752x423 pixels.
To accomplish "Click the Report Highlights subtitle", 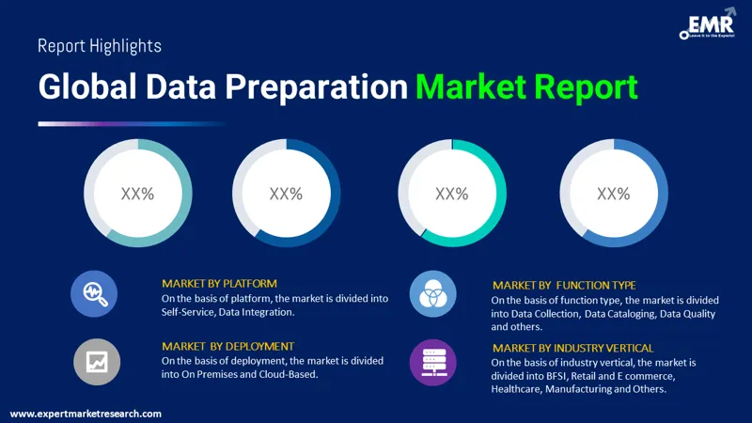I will [100, 46].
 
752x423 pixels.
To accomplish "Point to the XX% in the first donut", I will [137, 194].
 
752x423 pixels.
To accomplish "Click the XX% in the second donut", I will [286, 194].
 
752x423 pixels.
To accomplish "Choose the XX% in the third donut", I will [452, 194].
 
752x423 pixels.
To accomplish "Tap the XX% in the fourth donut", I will [613, 194].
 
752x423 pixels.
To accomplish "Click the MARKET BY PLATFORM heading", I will [219, 283].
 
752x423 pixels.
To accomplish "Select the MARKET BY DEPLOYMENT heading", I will [227, 346].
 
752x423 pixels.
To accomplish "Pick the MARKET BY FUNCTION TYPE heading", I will [564, 285].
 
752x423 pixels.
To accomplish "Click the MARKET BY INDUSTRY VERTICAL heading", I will [572, 348].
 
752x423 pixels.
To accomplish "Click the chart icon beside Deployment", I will [95, 360].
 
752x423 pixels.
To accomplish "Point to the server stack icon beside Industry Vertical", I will [433, 360].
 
